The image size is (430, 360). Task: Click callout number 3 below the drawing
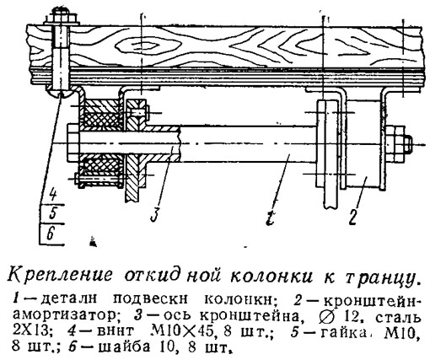[x=155, y=214]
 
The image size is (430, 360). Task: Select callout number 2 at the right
[x=354, y=216]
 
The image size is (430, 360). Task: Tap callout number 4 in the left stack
[x=52, y=194]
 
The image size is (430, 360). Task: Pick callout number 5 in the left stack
[x=53, y=213]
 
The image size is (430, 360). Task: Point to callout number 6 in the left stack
[x=51, y=233]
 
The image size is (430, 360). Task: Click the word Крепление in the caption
[x=59, y=273]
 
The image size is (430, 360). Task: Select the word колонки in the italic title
[x=271, y=275]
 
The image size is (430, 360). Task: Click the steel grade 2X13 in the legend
[x=31, y=332]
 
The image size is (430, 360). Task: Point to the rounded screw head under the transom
[x=60, y=92]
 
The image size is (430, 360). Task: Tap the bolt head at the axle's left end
[x=74, y=144]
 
